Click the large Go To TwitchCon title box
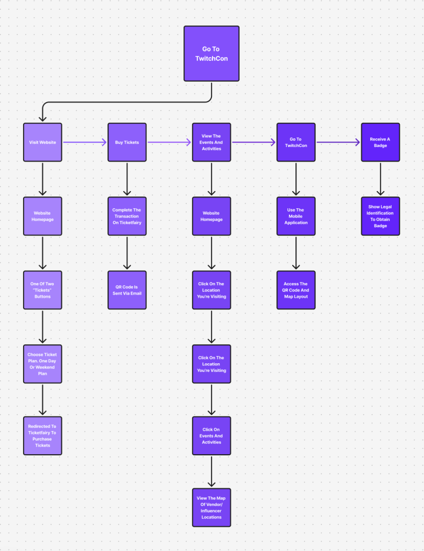(x=211, y=54)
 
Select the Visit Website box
(x=43, y=142)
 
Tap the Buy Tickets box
(x=127, y=142)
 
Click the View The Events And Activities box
(x=211, y=142)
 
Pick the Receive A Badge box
(x=380, y=142)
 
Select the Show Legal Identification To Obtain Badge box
(x=380, y=216)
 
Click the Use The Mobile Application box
(x=296, y=216)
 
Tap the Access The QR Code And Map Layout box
(x=296, y=289)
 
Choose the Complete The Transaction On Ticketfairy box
(x=127, y=216)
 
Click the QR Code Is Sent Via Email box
(x=127, y=289)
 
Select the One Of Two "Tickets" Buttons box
(x=43, y=289)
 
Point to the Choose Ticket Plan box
(x=43, y=364)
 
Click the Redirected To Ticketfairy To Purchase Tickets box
(x=43, y=435)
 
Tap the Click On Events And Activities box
(x=211, y=435)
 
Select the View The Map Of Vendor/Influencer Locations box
(x=211, y=507)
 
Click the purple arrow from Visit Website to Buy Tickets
(x=85, y=142)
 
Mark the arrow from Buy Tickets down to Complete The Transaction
(x=127, y=179)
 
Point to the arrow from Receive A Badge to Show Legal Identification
(x=380, y=179)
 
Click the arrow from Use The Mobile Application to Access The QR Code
(x=296, y=252)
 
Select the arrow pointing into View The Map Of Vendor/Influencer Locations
(x=211, y=471)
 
